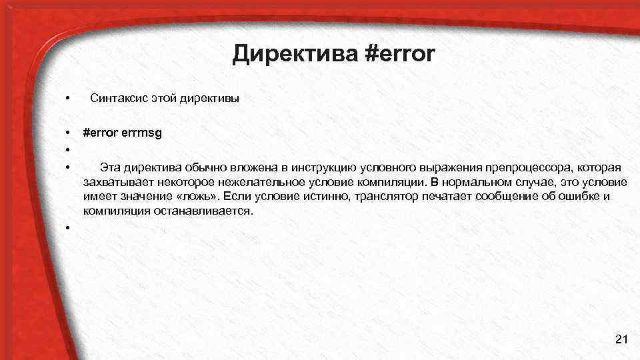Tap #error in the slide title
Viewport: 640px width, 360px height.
(x=399, y=54)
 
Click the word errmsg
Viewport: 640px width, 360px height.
(x=141, y=133)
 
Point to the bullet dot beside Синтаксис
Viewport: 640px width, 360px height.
(x=68, y=99)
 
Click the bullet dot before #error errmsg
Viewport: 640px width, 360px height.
(x=68, y=133)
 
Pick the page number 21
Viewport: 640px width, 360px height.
(x=621, y=340)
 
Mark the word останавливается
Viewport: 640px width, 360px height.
(x=203, y=211)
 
